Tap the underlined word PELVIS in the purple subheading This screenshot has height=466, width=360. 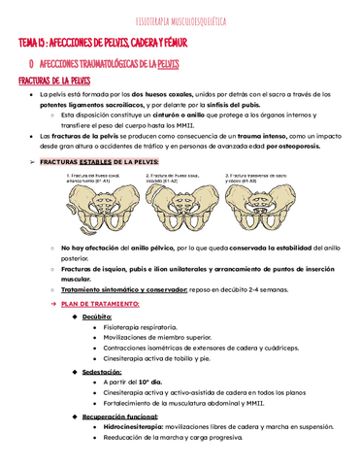point(167,63)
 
